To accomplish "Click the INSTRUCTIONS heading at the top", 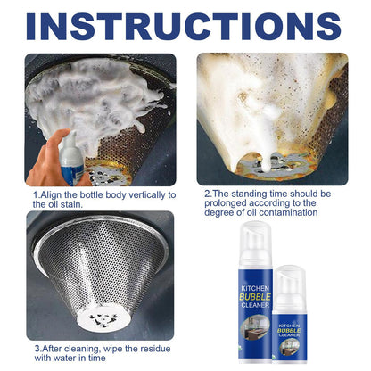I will [185, 24].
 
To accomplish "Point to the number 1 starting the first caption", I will [37, 194].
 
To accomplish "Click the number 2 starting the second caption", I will [207, 192].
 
